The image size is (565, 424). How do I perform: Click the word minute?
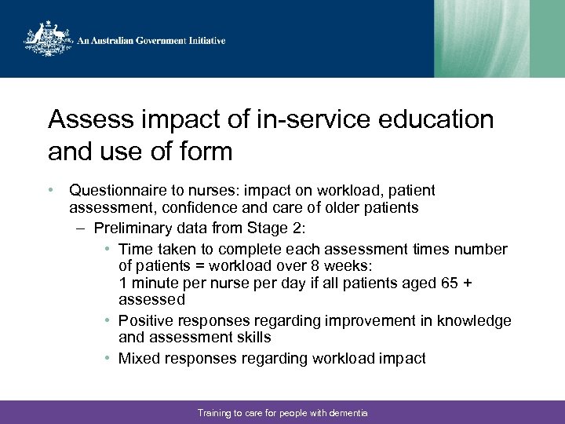click(156, 283)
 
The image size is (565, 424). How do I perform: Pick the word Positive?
click(146, 320)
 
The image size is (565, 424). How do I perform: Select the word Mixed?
click(138, 358)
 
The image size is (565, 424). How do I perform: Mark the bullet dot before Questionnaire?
click(50, 191)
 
